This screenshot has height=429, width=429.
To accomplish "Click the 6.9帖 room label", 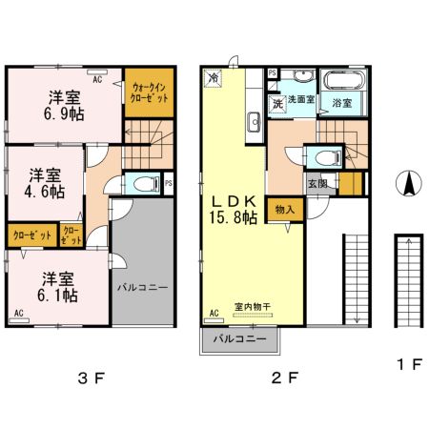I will pyautogui.click(x=64, y=105).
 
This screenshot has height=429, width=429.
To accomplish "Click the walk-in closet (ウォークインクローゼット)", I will pyautogui.click(x=149, y=93).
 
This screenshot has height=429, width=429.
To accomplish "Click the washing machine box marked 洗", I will pyautogui.click(x=276, y=103).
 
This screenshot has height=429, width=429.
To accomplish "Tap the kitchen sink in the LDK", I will pyautogui.click(x=254, y=121).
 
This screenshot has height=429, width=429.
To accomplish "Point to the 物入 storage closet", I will pyautogui.click(x=283, y=209).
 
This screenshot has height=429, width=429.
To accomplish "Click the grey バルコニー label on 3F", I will pyautogui.click(x=142, y=286).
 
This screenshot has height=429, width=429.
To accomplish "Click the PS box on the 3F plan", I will pyautogui.click(x=168, y=184).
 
